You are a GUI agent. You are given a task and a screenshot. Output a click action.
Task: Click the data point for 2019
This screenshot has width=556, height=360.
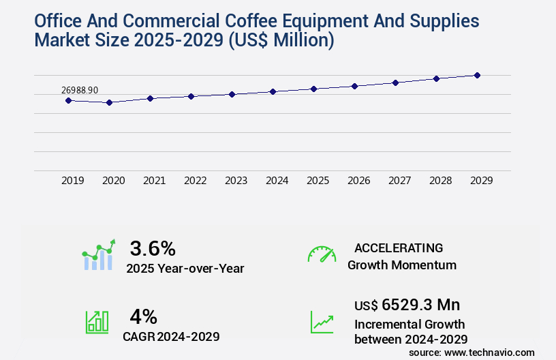tap(68, 100)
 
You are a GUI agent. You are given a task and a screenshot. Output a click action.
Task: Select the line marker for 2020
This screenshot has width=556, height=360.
tap(109, 102)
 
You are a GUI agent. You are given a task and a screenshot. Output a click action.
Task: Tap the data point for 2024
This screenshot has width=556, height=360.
tap(273, 91)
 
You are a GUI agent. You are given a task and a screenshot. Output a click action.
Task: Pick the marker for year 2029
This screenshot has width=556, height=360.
tap(477, 75)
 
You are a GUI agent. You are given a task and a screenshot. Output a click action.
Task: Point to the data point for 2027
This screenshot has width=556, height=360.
tap(395, 82)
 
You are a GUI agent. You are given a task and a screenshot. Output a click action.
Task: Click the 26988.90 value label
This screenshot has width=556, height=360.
tap(80, 90)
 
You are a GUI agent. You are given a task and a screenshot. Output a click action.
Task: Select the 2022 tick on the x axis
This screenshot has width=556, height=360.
tap(195, 181)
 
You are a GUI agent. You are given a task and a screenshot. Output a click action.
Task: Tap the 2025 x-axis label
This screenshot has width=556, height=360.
tap(318, 181)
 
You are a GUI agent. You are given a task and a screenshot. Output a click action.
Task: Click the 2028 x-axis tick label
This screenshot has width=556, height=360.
tap(440, 181)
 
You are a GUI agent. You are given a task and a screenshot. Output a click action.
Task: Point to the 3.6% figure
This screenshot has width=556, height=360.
tap(153, 247)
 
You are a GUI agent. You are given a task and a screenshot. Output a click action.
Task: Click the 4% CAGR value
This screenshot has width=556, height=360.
tap(144, 316)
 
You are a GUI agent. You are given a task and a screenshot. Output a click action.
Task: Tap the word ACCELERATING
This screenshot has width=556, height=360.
tap(399, 247)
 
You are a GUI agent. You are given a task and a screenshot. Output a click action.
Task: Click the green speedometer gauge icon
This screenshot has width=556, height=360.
tap(322, 254)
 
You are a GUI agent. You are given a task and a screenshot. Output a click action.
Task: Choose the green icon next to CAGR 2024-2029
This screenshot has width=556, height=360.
tap(97, 322)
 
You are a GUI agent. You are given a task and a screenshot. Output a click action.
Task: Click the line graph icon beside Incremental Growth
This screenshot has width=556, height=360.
tap(322, 322)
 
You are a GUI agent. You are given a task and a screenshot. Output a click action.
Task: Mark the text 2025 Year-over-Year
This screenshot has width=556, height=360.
tap(185, 269)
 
